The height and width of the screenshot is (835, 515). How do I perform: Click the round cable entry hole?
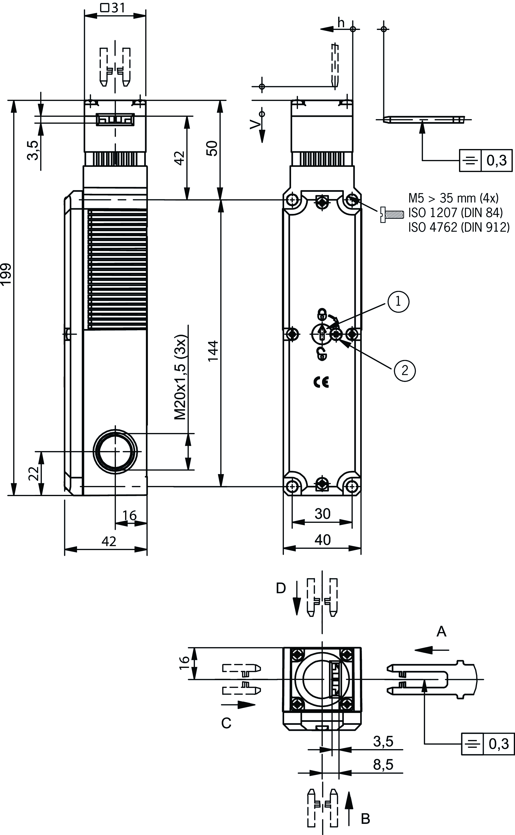[x=115, y=451]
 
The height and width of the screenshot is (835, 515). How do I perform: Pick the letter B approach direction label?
[x=365, y=819]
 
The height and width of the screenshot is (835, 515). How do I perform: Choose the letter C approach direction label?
[x=226, y=723]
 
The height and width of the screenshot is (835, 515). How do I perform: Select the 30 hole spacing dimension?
[x=322, y=513]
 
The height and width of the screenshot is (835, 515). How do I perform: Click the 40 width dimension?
[x=322, y=540]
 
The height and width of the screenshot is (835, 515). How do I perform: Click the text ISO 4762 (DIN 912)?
[x=459, y=227]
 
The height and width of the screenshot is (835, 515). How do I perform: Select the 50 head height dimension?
[x=213, y=148]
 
